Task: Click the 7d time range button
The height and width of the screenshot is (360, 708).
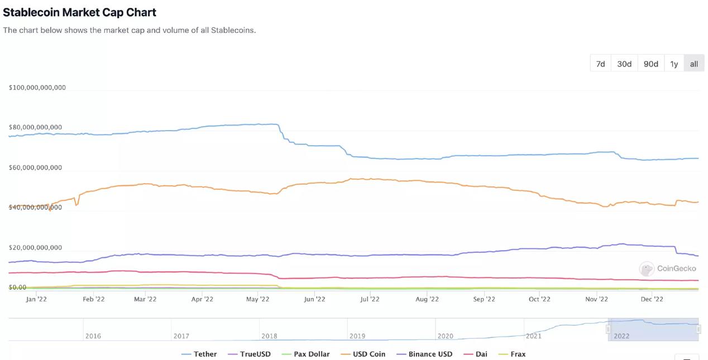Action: (x=600, y=64)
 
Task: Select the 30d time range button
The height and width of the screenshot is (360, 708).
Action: (x=624, y=64)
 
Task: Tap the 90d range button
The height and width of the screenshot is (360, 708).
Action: (x=650, y=64)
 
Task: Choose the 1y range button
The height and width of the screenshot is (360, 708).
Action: (x=674, y=64)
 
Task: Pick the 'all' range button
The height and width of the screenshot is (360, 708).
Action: (x=693, y=64)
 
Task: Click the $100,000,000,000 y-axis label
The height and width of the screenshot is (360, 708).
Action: (x=37, y=88)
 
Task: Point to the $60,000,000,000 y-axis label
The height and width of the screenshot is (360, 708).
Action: (x=35, y=167)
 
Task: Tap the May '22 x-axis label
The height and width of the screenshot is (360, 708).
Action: (x=258, y=299)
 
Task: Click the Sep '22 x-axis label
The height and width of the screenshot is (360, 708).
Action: (x=484, y=299)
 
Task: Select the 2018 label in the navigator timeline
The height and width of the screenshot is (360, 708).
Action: (x=269, y=336)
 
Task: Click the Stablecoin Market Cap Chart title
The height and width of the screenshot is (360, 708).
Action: (x=80, y=12)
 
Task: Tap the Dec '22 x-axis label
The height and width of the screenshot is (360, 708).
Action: (x=652, y=299)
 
